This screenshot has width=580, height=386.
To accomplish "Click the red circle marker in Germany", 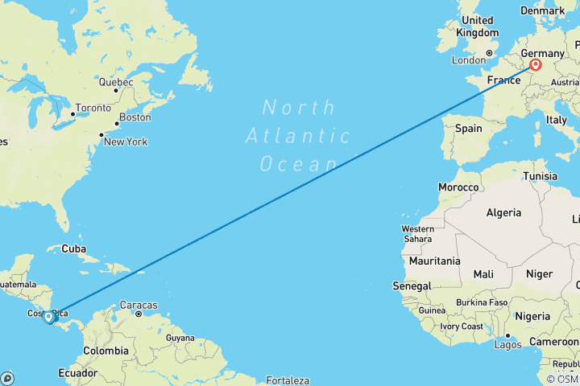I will (x=536, y=65).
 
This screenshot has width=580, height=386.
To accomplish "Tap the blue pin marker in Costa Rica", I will (x=49, y=317).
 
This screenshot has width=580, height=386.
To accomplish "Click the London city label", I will (x=468, y=60).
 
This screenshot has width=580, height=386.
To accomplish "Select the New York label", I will (x=125, y=142).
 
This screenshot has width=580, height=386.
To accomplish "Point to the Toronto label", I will (x=93, y=108).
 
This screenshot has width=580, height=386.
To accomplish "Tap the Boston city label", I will (x=135, y=117).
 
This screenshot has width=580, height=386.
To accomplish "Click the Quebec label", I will (x=115, y=82).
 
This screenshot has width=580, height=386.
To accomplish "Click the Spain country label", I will (x=468, y=128).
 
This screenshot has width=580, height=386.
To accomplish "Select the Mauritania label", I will (x=434, y=261).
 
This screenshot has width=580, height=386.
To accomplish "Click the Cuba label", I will (x=73, y=248).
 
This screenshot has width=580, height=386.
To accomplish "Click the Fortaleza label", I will (x=287, y=380).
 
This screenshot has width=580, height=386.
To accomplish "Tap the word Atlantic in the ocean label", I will (x=285, y=135).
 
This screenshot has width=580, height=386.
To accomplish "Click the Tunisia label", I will (x=540, y=175).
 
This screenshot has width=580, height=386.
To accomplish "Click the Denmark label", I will (x=542, y=11).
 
